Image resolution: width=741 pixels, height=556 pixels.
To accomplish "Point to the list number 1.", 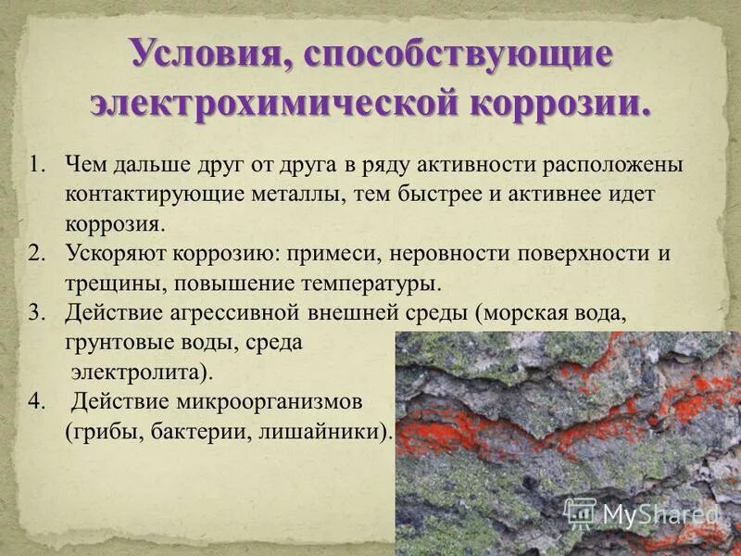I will tap(36, 166).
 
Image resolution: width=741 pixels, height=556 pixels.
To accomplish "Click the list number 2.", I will tap(36, 253).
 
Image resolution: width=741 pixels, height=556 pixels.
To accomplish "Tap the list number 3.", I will tap(36, 312).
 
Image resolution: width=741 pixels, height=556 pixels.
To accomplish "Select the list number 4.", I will tap(36, 402).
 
